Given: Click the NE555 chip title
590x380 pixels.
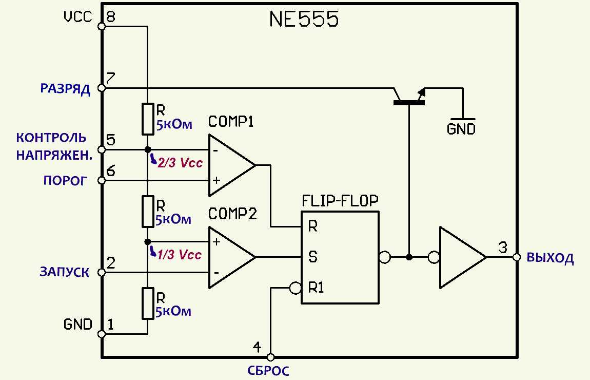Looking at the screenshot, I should [304, 20].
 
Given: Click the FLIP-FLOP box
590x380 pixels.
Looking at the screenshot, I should [340, 257].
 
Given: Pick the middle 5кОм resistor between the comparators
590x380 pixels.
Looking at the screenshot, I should [147, 211].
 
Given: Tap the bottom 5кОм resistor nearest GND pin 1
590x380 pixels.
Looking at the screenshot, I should [147, 303].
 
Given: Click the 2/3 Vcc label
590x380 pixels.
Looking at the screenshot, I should [180, 163].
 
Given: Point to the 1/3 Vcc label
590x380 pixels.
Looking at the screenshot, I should [180, 255].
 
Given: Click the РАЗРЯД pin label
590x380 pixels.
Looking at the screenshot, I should [65, 89].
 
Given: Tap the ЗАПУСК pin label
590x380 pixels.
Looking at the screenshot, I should [64, 273].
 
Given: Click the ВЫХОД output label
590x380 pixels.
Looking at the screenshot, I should [550, 258].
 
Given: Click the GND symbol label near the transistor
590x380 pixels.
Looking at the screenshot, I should [461, 129].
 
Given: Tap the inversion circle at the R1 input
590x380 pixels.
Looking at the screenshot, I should [295, 288].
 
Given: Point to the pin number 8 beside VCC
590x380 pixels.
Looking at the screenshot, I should [110, 17].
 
